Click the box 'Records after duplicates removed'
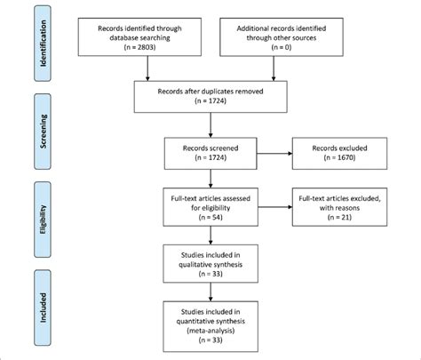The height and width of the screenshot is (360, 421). coord(210,95)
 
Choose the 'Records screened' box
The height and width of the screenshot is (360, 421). coord(210,148)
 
